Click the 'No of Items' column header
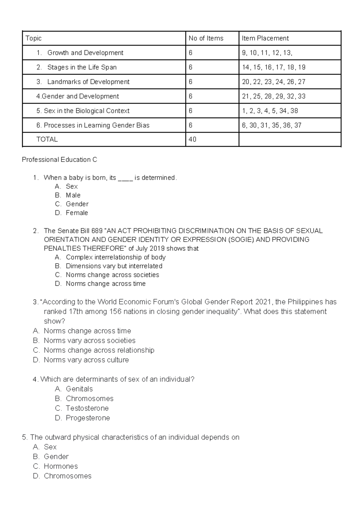coord(206,38)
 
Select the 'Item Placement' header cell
coord(265,38)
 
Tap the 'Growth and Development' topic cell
coord(85,53)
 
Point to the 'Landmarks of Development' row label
coord(88,82)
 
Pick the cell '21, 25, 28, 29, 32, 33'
coord(273,96)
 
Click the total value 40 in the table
coord(192,139)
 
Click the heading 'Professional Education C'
coord(59,160)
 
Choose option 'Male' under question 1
coord(73,195)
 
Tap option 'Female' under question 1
coord(77,213)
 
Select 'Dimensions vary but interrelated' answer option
coord(114,266)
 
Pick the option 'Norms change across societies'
coord(112,275)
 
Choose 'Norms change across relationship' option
coord(99,350)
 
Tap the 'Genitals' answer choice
coord(79,389)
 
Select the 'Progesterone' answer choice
coord(88,418)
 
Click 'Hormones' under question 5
coord(61,466)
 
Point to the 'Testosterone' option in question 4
coord(87,408)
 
